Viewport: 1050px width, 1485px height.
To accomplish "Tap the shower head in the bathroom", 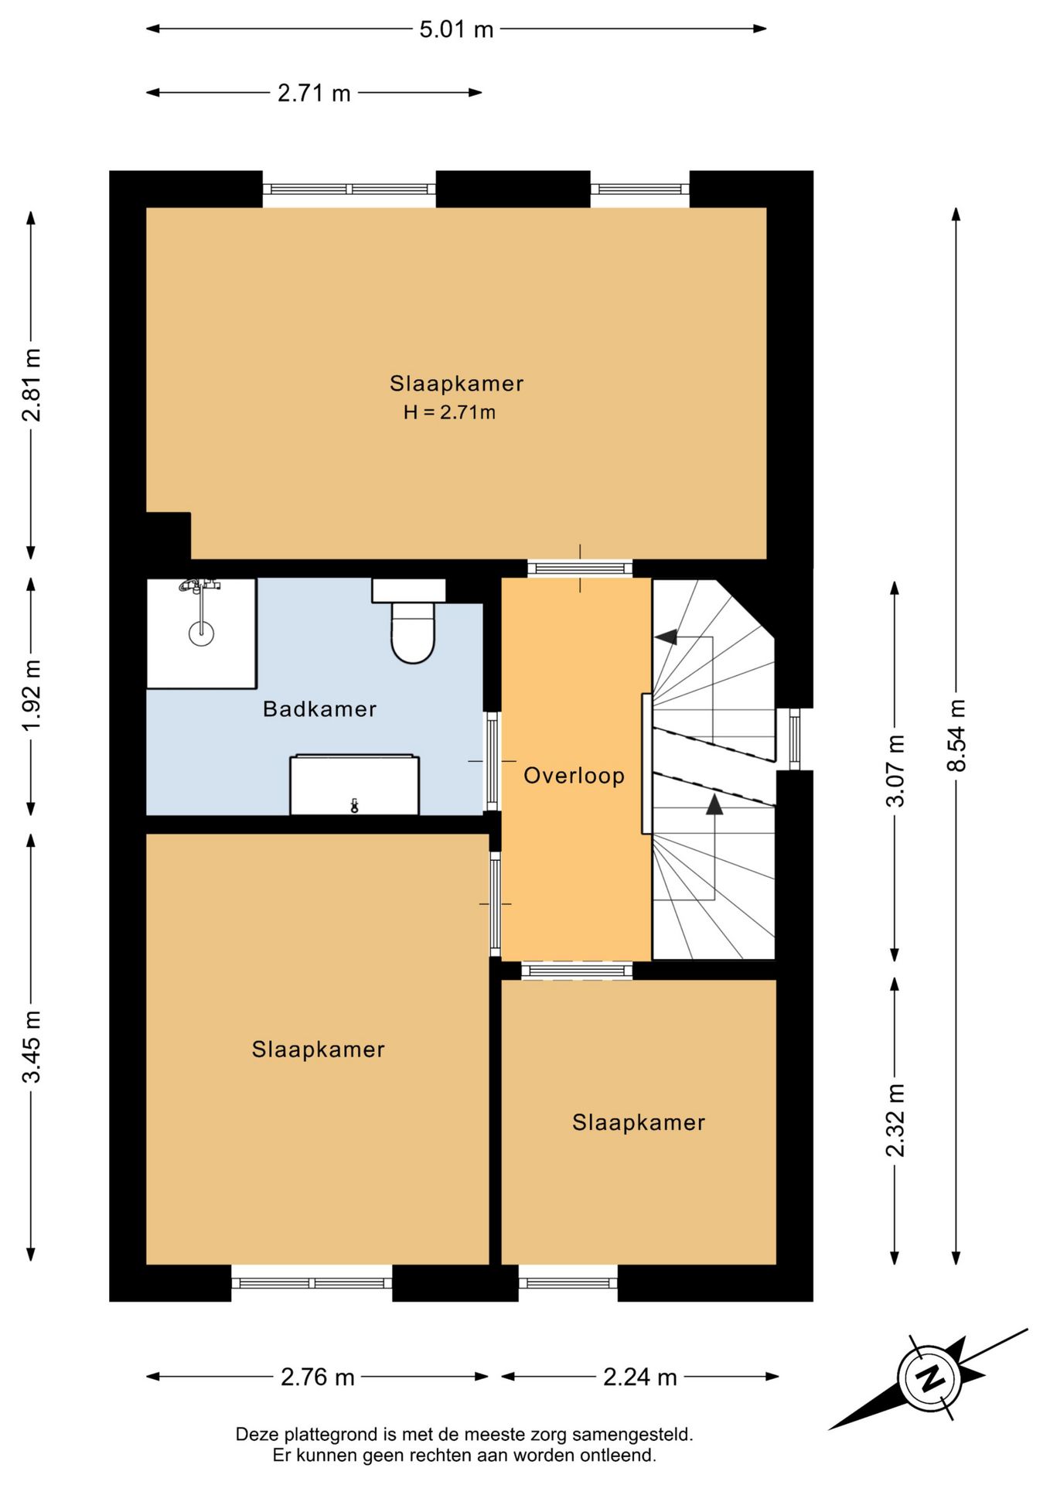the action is [x=201, y=633].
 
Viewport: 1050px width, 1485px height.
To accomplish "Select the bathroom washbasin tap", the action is [x=354, y=805].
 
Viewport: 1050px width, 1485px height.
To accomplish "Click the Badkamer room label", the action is [x=319, y=709].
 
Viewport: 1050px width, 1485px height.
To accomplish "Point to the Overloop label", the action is [x=574, y=776].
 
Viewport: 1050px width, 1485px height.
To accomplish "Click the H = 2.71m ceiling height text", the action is [x=449, y=412].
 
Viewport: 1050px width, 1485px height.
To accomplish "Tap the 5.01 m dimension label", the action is [x=456, y=29].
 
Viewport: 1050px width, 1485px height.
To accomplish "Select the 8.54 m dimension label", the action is [x=956, y=735].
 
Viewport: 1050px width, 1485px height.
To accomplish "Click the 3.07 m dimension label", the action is [x=895, y=770].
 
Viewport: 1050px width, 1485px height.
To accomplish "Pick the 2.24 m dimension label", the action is [x=640, y=1377].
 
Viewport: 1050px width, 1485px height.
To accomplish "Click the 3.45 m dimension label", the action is [x=31, y=1046].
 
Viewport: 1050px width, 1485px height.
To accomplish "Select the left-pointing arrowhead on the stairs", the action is [x=666, y=637].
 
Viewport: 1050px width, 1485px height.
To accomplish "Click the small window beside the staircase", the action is [x=794, y=739].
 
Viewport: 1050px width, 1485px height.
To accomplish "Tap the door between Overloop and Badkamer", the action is [x=493, y=762].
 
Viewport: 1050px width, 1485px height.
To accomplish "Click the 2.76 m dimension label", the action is [x=318, y=1377].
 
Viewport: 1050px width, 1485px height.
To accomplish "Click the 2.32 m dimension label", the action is [x=895, y=1120].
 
